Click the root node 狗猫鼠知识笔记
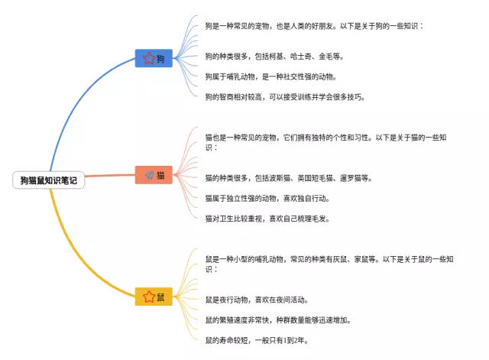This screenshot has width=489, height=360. [49, 180]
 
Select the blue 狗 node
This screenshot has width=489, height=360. [154, 58]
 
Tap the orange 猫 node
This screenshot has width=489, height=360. [154, 175]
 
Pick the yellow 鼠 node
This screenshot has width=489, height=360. [154, 296]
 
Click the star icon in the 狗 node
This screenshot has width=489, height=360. [148, 58]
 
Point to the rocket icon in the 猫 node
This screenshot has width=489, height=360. [148, 175]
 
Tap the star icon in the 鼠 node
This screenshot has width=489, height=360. [148, 296]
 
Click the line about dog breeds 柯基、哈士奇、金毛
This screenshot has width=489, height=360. [274, 56]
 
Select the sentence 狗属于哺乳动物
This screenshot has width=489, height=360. [270, 76]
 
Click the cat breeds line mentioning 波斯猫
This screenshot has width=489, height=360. [288, 178]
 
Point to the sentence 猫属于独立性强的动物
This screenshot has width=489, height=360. [277, 198]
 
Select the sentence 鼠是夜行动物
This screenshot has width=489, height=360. [257, 300]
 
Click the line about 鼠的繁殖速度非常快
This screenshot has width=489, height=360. [278, 319]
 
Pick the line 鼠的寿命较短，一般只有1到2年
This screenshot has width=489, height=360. [257, 340]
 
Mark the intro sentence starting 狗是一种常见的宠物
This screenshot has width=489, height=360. [314, 25]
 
